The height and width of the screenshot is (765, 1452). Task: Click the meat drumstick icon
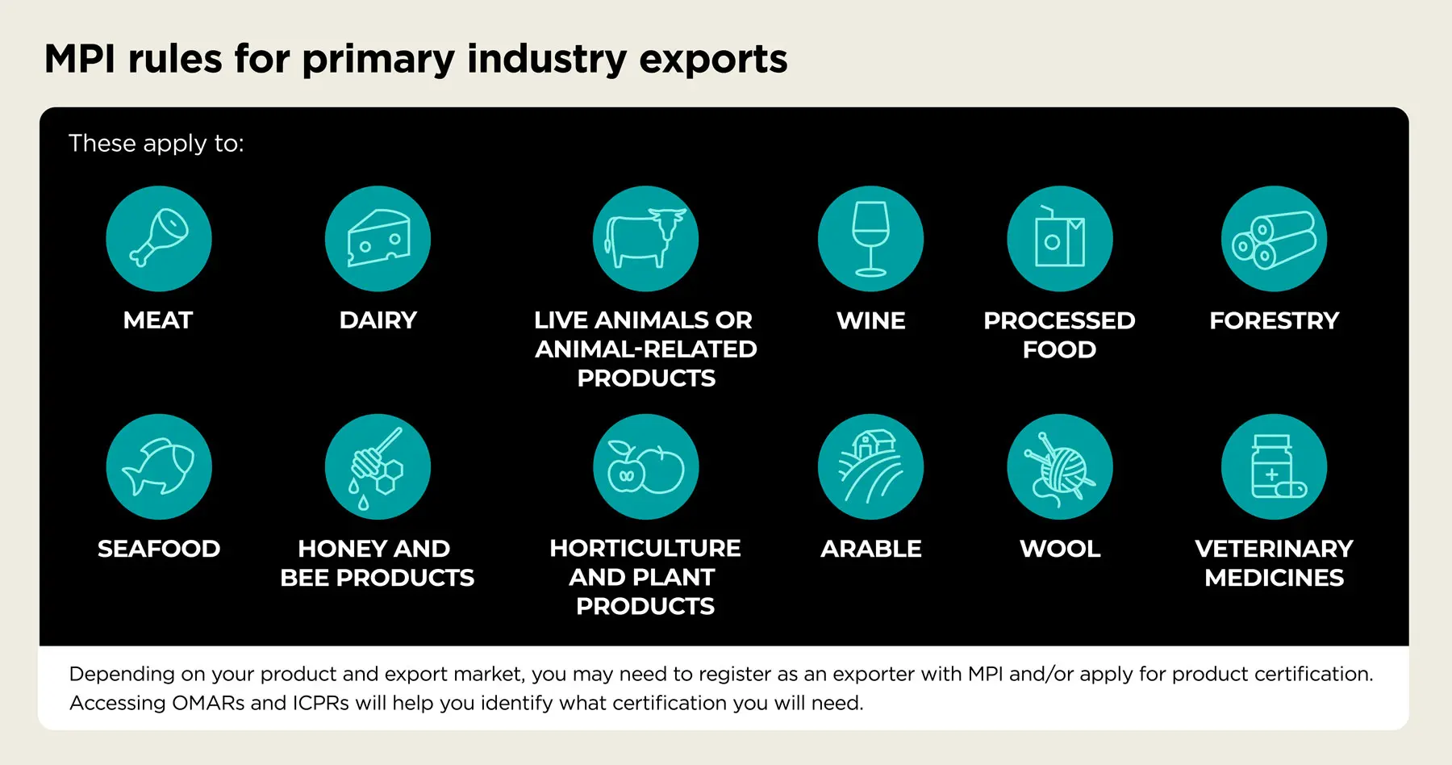pyautogui.click(x=159, y=239)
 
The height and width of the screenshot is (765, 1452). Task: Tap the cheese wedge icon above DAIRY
pyautogui.click(x=378, y=239)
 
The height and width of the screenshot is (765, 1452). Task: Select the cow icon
pyautogui.click(x=645, y=239)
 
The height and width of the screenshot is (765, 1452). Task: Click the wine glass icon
pyautogui.click(x=870, y=239)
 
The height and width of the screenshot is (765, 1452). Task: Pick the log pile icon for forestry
pyautogui.click(x=1274, y=239)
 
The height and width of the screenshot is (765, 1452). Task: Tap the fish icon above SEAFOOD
pyautogui.click(x=159, y=467)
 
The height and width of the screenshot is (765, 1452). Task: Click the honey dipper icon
pyautogui.click(x=378, y=467)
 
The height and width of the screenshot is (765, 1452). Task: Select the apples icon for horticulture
pyautogui.click(x=645, y=467)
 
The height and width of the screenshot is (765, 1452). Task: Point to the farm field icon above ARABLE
pyautogui.click(x=870, y=467)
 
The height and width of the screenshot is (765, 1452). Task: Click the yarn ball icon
pyautogui.click(x=1059, y=467)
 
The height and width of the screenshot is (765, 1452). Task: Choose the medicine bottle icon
pyautogui.click(x=1274, y=467)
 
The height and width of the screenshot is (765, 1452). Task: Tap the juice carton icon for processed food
pyautogui.click(x=1059, y=239)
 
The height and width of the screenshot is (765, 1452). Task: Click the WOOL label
pyautogui.click(x=1059, y=549)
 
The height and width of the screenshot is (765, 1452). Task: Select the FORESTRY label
pyautogui.click(x=1274, y=320)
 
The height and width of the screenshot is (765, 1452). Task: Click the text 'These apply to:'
pyautogui.click(x=156, y=143)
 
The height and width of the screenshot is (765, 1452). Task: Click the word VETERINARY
pyautogui.click(x=1274, y=549)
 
